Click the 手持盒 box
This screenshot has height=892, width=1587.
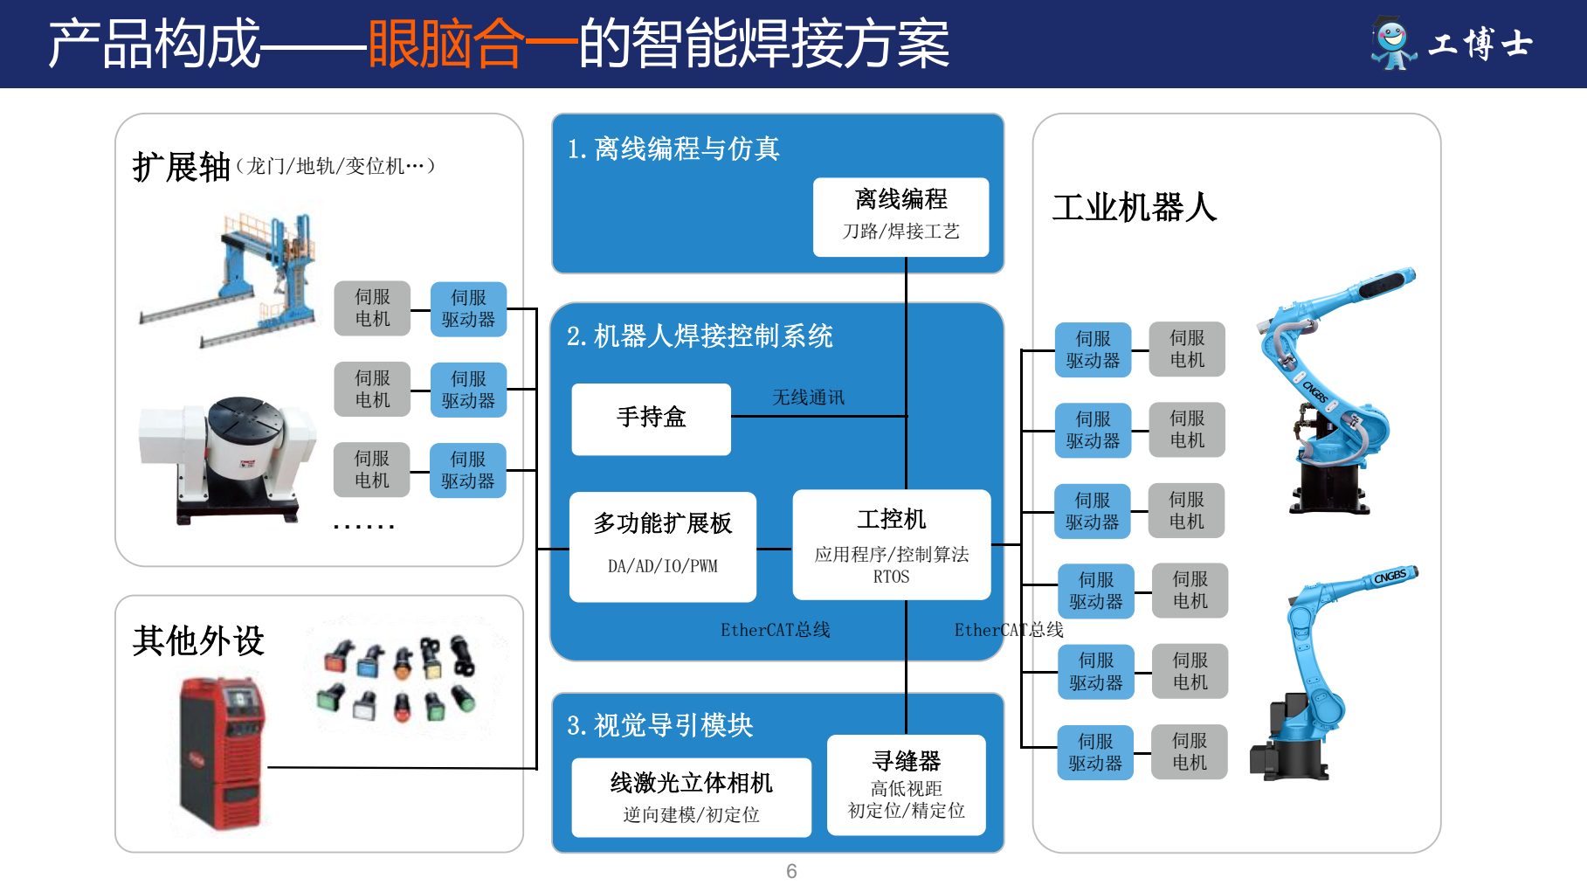coord(651,418)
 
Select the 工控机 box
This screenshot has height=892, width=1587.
coord(891,544)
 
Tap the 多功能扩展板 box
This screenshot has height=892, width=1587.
coord(662,546)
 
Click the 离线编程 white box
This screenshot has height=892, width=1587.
coord(900,217)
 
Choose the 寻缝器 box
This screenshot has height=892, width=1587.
coord(906,785)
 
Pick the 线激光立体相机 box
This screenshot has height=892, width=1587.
coord(691,797)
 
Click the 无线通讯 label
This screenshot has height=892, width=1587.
coord(808,398)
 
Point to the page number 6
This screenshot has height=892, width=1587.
coord(791,871)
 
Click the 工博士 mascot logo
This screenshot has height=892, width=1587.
coord(1392,43)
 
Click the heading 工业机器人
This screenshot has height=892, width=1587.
coord(1134,208)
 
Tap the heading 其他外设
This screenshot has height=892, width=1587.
coord(198,640)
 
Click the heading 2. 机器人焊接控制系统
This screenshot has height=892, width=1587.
coord(700,336)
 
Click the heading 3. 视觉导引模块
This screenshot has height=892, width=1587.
coord(659,725)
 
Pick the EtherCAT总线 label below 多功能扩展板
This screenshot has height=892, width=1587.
coord(775,630)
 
